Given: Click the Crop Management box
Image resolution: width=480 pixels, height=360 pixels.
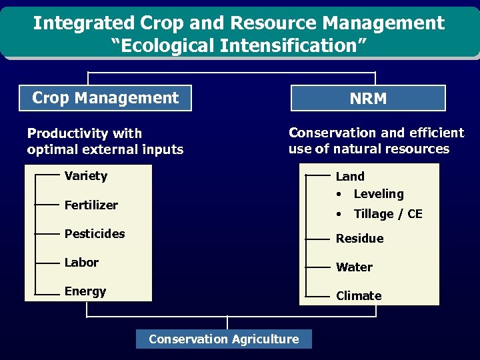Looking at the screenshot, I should tap(105, 98).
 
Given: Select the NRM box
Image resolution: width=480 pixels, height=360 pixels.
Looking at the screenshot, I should tap(368, 99).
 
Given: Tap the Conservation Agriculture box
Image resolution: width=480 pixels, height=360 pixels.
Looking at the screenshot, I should tap(223, 339).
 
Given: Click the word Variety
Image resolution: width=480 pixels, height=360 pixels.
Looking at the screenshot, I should tap(85, 176).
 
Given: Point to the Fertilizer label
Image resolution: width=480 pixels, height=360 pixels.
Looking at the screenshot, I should tap(91, 205).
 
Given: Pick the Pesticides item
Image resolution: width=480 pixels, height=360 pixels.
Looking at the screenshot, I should tap(95, 233).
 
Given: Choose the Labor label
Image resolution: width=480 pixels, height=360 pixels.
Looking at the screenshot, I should tap(81, 263).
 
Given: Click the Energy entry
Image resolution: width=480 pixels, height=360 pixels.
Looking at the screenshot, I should tap(85, 291).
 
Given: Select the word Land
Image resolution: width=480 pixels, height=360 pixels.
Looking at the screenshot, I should tap(350, 177).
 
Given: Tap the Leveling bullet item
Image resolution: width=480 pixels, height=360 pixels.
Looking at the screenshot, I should tap(378, 194).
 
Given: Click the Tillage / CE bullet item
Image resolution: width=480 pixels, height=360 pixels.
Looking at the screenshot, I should tap(387, 214).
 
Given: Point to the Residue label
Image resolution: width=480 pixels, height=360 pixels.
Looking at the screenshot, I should tap(359, 239).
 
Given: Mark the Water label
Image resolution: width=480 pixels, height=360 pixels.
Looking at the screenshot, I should tap(354, 267).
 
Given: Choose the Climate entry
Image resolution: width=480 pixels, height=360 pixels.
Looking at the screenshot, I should tap(359, 296).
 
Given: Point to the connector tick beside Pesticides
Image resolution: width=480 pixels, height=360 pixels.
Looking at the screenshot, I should tap(47, 234).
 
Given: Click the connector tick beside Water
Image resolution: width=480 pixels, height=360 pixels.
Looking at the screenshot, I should tap(318, 267).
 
